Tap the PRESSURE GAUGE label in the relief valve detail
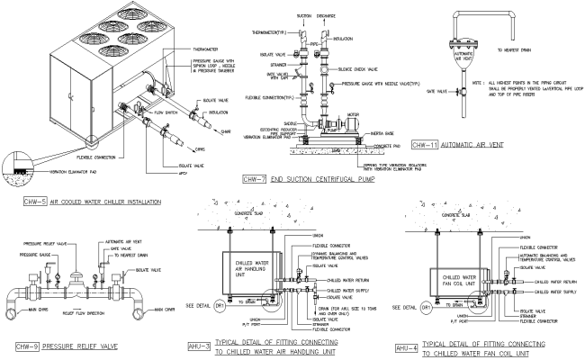click(33, 255)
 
